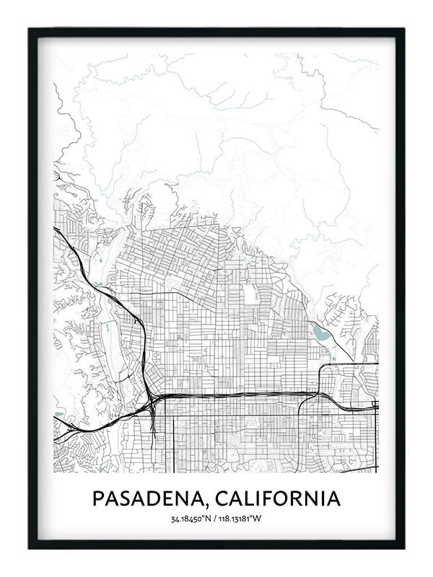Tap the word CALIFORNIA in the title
[281, 498]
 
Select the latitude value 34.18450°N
[190, 519]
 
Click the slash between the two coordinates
[215, 519]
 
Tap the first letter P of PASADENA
[97, 498]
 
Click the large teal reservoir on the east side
[320, 333]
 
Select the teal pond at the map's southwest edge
[58, 415]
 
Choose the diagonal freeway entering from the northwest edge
[79, 260]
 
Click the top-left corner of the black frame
[30, 30]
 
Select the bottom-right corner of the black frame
[403, 547]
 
